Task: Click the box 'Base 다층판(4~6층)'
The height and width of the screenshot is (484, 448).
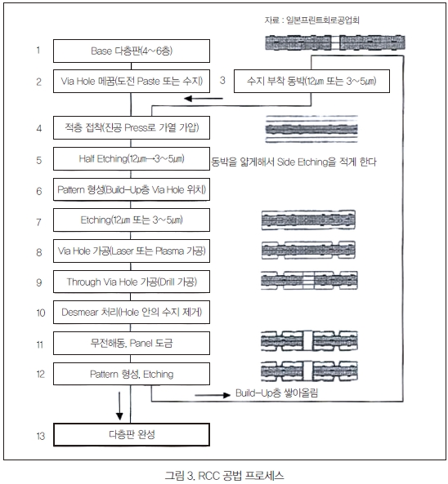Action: (x=132, y=51)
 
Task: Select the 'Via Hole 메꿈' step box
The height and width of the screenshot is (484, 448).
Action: (x=132, y=81)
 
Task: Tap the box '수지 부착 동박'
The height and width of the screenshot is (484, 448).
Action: (x=311, y=81)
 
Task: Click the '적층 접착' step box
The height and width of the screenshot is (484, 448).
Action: (x=132, y=128)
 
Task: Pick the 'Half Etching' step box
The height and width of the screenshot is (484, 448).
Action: (x=132, y=158)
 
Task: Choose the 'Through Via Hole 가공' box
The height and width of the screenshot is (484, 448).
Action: (x=132, y=282)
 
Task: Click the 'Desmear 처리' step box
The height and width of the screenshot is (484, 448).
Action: (x=132, y=312)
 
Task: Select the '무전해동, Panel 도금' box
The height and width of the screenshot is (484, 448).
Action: (x=132, y=343)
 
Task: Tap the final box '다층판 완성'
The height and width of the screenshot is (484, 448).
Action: (x=132, y=434)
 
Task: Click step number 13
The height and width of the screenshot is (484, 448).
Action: (x=41, y=436)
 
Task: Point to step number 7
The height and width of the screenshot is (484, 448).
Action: (x=38, y=222)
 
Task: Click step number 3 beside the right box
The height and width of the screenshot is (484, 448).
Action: (x=222, y=80)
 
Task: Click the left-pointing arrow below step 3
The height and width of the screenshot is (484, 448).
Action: (x=204, y=99)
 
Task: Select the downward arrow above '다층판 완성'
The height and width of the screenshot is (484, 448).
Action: (x=119, y=406)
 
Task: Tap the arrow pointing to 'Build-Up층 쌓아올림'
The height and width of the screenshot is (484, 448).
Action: (x=213, y=395)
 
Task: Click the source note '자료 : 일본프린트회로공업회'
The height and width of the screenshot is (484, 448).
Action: (x=311, y=20)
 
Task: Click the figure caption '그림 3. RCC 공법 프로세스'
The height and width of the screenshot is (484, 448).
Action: (x=224, y=475)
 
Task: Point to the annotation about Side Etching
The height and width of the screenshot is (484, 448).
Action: (x=293, y=162)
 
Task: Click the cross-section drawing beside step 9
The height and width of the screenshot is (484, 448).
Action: (x=309, y=280)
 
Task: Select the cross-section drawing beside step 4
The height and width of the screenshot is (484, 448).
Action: (x=311, y=129)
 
